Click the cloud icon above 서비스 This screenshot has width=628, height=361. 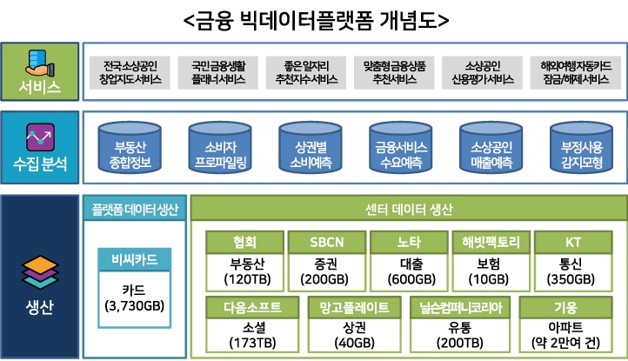(x=39, y=60)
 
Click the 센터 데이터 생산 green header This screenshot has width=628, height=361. (x=408, y=209)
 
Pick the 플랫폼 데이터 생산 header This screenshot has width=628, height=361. (x=135, y=209)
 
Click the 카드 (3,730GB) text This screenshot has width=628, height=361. (x=134, y=297)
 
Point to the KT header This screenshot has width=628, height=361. (x=573, y=241)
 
